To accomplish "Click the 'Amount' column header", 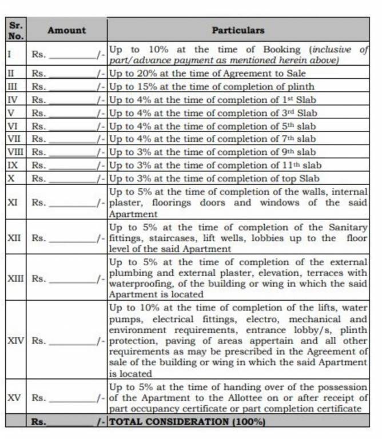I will tap(66, 30).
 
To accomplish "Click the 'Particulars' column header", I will tap(238, 30).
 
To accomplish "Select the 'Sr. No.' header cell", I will tap(15, 30).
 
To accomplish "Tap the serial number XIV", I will tap(15, 341).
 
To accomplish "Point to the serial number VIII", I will tap(15, 152).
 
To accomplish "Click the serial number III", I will tap(12, 86).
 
